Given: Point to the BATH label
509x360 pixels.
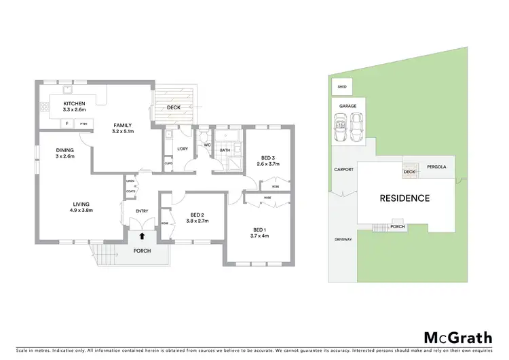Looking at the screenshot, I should [225, 150].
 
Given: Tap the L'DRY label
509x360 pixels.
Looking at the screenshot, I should [182, 149].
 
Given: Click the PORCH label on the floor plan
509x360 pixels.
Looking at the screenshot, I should [141, 251].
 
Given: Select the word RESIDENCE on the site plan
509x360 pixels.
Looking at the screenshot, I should [404, 198].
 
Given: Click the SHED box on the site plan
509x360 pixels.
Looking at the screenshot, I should [342, 87].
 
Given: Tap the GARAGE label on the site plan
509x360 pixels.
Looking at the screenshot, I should [347, 107].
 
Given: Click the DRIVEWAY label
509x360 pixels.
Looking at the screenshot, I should [343, 240].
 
